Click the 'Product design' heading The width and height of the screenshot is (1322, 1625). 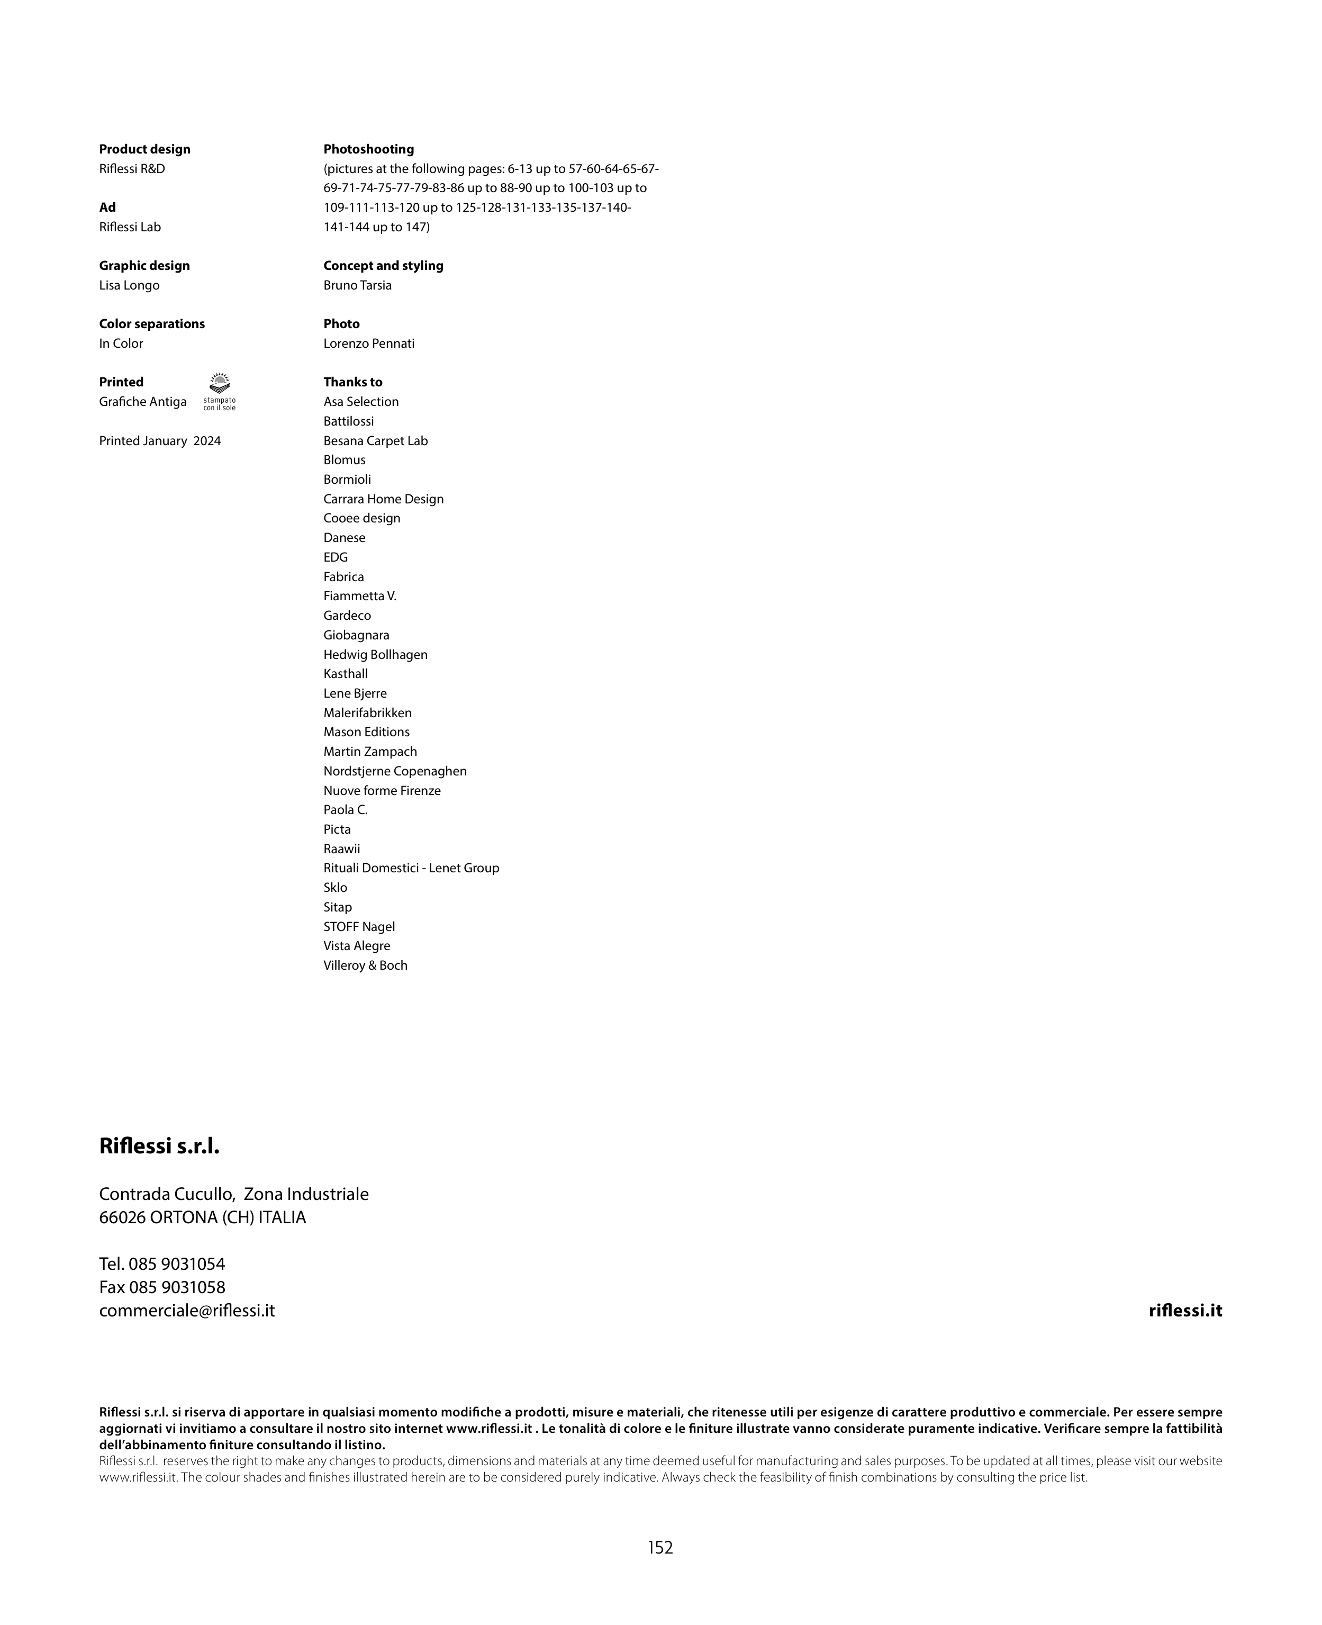tap(144, 149)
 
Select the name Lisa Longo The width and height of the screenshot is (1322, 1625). tap(130, 285)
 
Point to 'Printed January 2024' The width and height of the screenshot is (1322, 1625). tap(160, 441)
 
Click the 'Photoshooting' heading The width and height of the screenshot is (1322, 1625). tap(368, 149)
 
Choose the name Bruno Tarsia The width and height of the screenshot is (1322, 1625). tap(357, 285)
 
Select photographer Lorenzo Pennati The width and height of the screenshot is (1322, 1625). tap(368, 344)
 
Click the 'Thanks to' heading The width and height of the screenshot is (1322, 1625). tap(352, 382)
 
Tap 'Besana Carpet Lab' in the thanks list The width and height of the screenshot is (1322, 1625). tap(375, 441)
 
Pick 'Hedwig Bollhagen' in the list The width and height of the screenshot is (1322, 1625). tap(375, 655)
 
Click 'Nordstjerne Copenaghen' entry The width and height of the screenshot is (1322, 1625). tap(394, 771)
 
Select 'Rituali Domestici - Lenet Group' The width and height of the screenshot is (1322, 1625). tap(411, 868)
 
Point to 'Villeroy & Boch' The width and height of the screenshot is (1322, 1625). tap(366, 965)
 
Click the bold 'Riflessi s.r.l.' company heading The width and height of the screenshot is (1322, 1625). tap(159, 1146)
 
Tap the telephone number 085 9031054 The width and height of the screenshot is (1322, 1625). tap(177, 1264)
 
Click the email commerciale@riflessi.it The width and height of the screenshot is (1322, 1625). tap(187, 1311)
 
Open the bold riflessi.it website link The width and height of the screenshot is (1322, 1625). tap(1185, 1311)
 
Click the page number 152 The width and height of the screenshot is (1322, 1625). tap(660, 1547)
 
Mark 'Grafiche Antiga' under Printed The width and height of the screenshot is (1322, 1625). tap(142, 402)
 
